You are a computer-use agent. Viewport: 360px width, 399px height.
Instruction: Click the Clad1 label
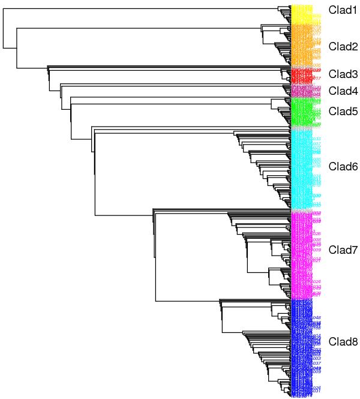pyautogui.click(x=341, y=10)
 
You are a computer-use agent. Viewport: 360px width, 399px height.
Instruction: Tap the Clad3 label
pyautogui.click(x=341, y=74)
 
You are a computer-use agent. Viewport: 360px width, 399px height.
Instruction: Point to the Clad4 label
pyautogui.click(x=341, y=91)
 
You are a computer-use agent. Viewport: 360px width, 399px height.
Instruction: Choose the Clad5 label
pyautogui.click(x=341, y=111)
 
